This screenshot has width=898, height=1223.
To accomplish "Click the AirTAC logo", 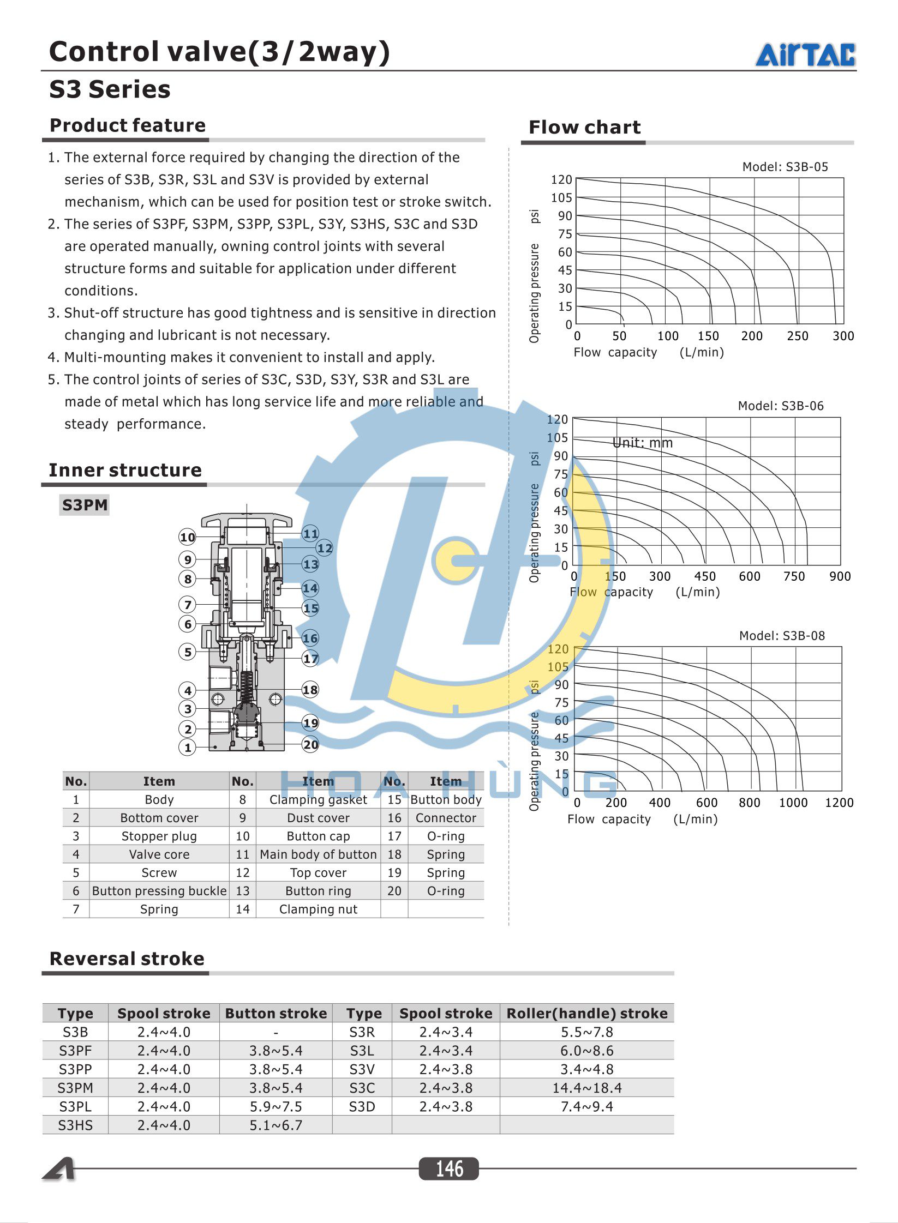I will click(x=805, y=55).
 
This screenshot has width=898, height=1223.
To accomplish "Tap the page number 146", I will click(x=449, y=1168).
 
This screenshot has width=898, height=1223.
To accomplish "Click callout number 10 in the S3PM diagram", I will click(x=187, y=537).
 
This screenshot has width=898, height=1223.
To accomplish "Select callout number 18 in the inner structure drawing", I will click(x=310, y=690).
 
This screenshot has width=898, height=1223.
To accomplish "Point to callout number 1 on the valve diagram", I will click(x=187, y=748).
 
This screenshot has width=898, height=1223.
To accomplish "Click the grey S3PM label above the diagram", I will click(x=85, y=505).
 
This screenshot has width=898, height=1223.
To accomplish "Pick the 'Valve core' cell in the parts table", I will click(x=159, y=854).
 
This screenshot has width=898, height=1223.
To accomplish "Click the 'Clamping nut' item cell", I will click(x=318, y=909).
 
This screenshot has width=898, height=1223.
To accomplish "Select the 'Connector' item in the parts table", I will click(x=446, y=818).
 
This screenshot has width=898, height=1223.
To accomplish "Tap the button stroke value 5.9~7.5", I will click(x=276, y=1106).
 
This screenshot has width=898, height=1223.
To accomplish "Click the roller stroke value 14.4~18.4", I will click(x=586, y=1088).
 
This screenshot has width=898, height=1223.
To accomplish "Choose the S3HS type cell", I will click(x=75, y=1125).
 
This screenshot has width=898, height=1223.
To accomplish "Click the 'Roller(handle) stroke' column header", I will click(x=586, y=1013).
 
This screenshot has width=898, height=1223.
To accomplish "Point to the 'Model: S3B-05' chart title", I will click(x=785, y=167).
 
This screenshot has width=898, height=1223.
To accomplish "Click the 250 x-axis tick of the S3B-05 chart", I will click(x=797, y=336).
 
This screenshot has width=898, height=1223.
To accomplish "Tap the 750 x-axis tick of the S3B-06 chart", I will click(x=794, y=576).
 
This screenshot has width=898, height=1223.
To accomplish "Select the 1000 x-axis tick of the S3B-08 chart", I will click(x=793, y=803).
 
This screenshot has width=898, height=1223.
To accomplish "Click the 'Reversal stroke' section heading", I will click(x=127, y=959).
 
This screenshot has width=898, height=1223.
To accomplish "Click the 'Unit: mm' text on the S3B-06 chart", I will click(x=642, y=443).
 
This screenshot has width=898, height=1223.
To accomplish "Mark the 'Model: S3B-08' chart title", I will click(x=781, y=636).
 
